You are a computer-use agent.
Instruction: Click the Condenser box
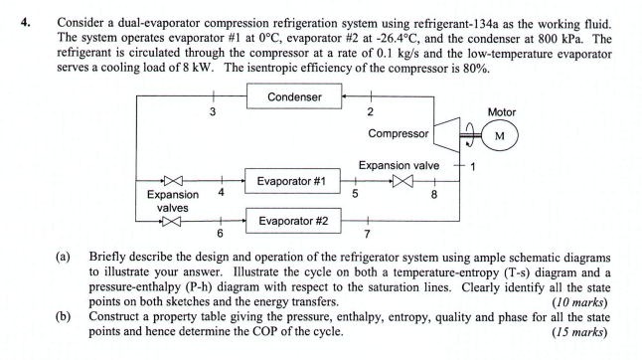point(294,96)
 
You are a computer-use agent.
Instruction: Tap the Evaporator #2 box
point(293,221)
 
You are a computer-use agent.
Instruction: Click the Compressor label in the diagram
point(399,132)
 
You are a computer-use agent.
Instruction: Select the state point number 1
point(474,166)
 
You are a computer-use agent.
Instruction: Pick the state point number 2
point(370,111)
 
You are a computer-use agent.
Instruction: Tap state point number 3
point(212,111)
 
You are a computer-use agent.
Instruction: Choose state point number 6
point(221,233)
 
